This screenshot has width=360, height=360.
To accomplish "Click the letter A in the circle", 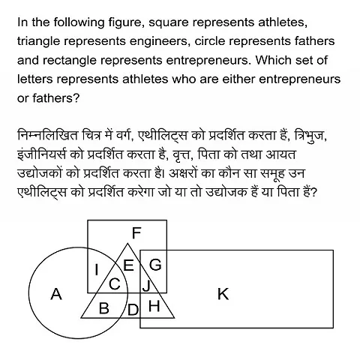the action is tap(55, 295).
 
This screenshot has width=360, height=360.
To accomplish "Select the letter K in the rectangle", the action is tap(223, 294).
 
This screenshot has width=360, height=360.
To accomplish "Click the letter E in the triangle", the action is tap(128, 265).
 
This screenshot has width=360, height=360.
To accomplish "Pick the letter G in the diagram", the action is tap(155, 264).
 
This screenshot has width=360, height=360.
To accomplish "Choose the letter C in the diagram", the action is tap(115, 283).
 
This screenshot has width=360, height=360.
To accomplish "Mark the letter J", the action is tap(146, 284).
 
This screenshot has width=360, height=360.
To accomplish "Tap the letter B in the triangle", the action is tap(104, 308).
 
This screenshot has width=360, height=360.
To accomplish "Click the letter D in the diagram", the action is tap(133, 309).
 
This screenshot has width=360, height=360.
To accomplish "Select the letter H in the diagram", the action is tap(154, 305).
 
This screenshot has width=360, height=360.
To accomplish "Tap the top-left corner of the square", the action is tap(88, 220).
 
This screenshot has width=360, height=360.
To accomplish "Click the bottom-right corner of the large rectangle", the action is tap(333, 328).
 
